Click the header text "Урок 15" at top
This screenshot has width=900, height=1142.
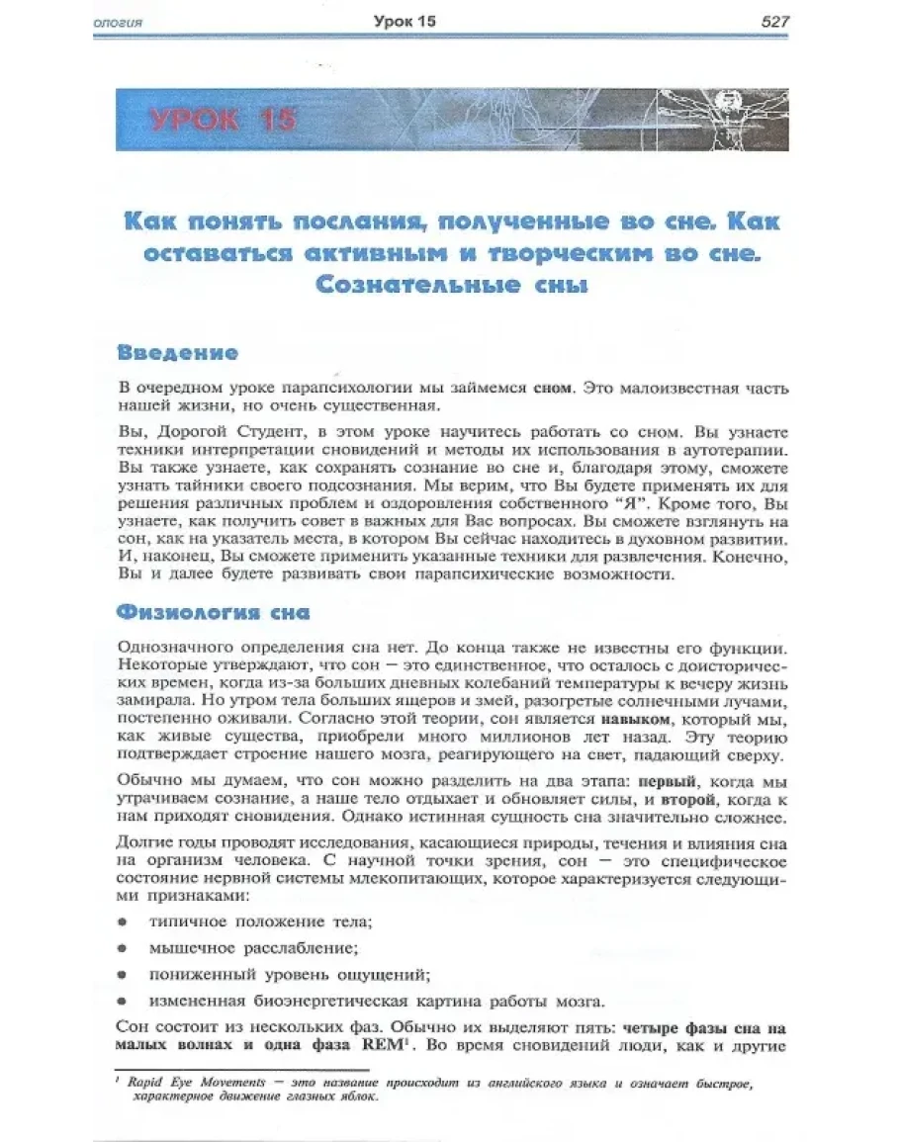(405, 21)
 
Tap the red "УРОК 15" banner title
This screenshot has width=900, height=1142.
(224, 121)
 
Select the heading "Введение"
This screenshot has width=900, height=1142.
(177, 352)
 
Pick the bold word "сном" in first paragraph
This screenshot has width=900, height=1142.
(552, 389)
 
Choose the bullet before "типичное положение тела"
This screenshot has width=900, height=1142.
(123, 922)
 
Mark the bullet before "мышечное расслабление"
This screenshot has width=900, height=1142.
(123, 947)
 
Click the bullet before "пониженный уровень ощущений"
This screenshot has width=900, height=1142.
(123, 973)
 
